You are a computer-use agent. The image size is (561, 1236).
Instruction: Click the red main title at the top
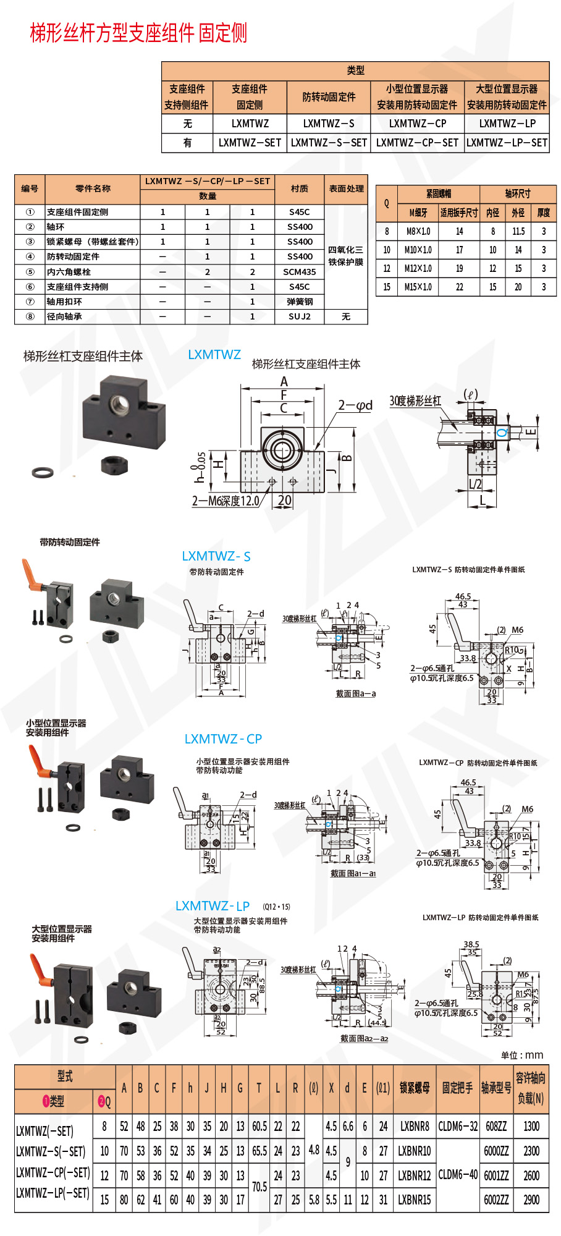[138, 33]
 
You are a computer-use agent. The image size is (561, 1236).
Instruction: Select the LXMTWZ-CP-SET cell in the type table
[417, 143]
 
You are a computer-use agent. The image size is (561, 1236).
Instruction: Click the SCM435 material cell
[300, 272]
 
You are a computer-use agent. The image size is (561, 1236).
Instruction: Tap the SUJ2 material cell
[300, 316]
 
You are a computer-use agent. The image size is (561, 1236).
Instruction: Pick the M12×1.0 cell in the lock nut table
[418, 268]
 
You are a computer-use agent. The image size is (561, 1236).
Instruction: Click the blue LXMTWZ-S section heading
[216, 556]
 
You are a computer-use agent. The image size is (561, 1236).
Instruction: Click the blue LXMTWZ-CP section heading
[223, 739]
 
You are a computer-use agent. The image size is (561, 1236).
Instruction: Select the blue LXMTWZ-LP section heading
[213, 906]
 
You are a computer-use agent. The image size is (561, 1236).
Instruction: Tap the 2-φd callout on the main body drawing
[355, 405]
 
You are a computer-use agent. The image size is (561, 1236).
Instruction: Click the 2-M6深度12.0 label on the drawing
[226, 501]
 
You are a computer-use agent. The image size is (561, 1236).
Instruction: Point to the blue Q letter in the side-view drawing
[502, 431]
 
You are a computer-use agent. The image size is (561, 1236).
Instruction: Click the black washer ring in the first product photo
[43, 473]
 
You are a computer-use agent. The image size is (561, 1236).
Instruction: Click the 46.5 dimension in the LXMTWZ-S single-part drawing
[463, 596]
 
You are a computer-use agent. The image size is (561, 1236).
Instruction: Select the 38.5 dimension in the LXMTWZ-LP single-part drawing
[471, 944]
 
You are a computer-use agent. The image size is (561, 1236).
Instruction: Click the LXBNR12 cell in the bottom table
[414, 1175]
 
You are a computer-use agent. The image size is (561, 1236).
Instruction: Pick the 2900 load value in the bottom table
[531, 1200]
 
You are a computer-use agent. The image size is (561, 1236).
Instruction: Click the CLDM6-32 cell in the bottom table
[458, 1126]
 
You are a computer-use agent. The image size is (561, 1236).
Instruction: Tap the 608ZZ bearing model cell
[496, 1126]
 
